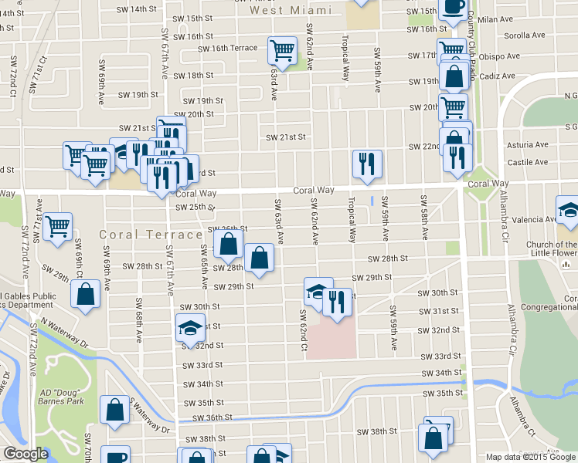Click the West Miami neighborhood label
coord(290,10)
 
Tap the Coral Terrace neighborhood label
coord(151,234)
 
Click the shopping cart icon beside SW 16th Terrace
coord(282,51)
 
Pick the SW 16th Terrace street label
coord(227,48)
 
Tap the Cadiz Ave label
coord(497,76)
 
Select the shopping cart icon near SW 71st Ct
coord(58,227)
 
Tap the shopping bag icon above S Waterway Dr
coord(115,411)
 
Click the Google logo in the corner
coord(25,454)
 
